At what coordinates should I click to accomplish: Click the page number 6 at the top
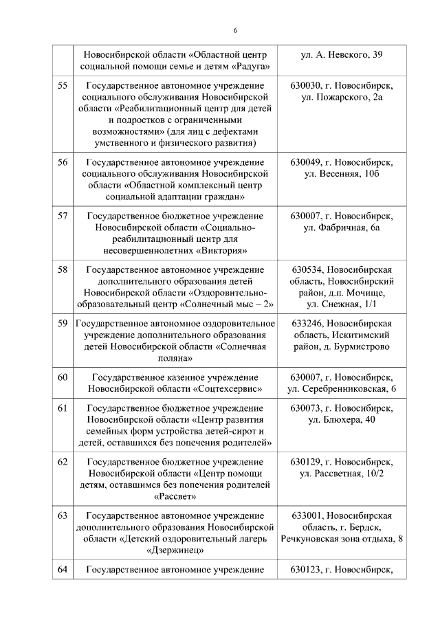(x=235, y=30)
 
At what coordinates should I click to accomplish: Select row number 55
(x=63, y=86)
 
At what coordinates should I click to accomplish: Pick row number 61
(x=63, y=408)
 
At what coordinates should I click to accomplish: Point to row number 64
(x=63, y=569)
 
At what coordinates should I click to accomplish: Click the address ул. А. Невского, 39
(x=342, y=54)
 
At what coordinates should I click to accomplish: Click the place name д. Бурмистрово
(x=358, y=346)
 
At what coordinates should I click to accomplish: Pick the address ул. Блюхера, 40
(x=342, y=420)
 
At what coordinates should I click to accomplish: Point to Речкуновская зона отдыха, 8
(x=342, y=538)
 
